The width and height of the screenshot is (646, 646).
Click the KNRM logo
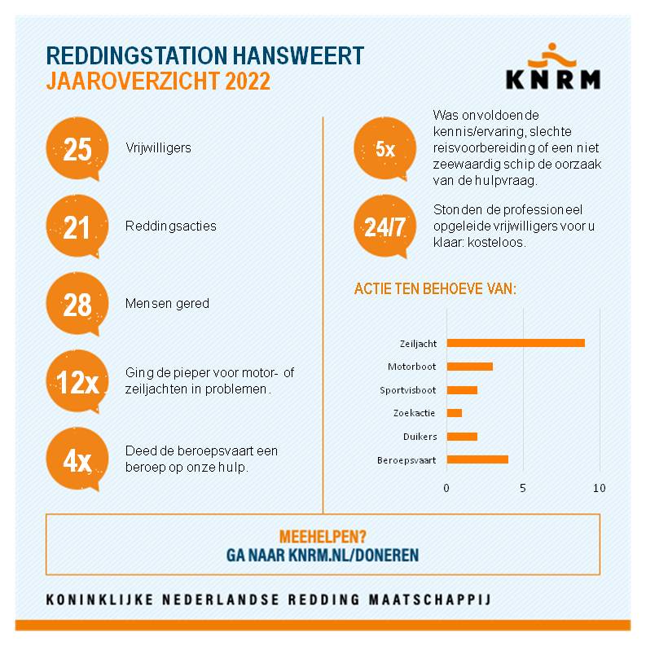click(x=552, y=69)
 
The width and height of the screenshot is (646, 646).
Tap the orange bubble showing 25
click(x=77, y=150)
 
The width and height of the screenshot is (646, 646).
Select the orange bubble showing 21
click(x=77, y=226)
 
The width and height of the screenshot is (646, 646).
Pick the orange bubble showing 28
click(x=77, y=304)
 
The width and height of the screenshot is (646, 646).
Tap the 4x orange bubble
click(x=77, y=459)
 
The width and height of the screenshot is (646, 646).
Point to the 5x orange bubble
click(x=385, y=150)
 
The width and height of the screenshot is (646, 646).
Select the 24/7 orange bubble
click(x=385, y=226)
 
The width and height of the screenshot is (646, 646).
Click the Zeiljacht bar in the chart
click(x=516, y=343)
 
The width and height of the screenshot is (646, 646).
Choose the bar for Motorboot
click(x=469, y=367)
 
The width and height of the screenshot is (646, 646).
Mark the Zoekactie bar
click(x=454, y=413)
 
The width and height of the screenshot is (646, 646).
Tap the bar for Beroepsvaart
click(x=477, y=459)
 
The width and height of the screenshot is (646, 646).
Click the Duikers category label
click(x=419, y=437)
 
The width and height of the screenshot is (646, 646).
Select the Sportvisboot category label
click(x=408, y=390)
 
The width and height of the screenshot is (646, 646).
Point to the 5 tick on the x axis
click(x=523, y=488)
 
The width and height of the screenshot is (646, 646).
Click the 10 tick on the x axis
click(x=600, y=488)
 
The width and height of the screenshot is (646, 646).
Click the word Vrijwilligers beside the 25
click(x=158, y=150)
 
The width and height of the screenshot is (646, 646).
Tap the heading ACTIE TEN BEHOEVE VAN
click(x=436, y=290)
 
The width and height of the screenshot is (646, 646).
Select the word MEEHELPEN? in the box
click(x=323, y=537)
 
